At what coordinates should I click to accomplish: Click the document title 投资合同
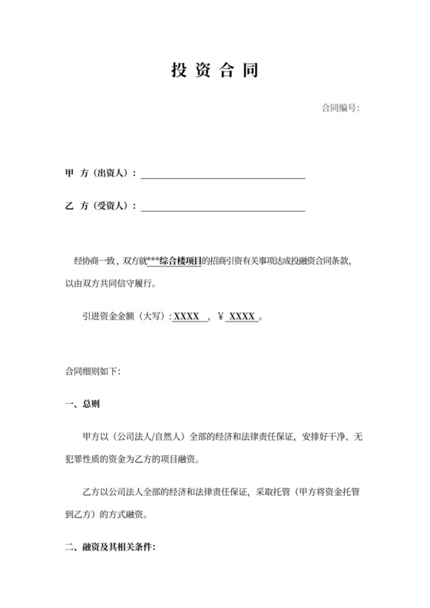pyautogui.click(x=214, y=71)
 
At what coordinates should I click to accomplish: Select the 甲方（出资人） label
pyautogui.click(x=100, y=173)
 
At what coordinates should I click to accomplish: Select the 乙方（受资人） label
pyautogui.click(x=100, y=206)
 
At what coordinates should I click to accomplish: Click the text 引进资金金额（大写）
pyautogui.click(x=124, y=316)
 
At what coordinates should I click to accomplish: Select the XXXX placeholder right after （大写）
pyautogui.click(x=187, y=316)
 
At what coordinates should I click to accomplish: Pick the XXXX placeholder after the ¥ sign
pyautogui.click(x=242, y=316)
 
